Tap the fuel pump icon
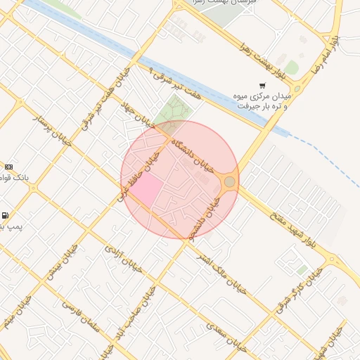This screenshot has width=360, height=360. coord(6,215)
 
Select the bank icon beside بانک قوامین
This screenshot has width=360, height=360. coord(8,167)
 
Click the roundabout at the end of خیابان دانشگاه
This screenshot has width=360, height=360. coord(229,183)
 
